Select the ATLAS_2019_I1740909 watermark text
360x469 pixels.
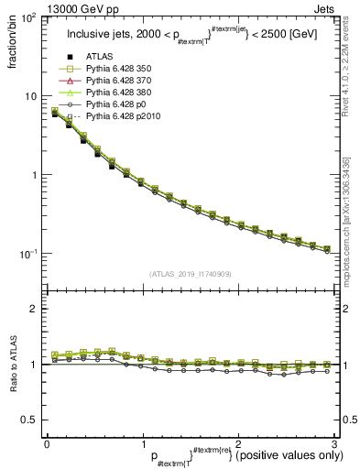point(190,274)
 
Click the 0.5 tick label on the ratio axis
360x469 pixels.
point(30,420)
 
